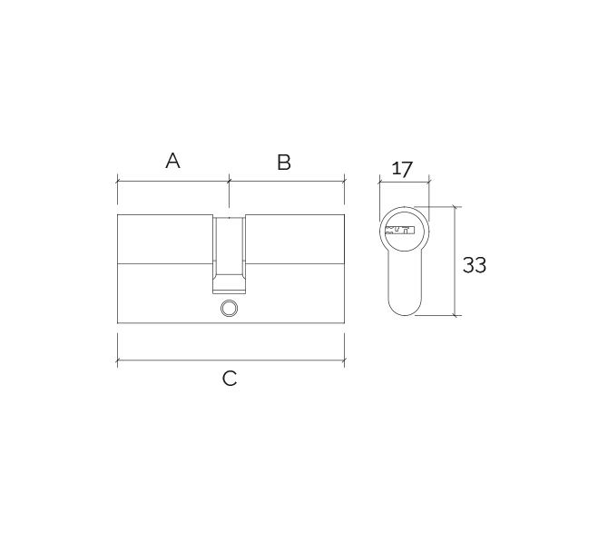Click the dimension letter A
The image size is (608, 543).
click(172, 161)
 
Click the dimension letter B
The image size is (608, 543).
click(284, 163)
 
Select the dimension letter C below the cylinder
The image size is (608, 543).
click(230, 379)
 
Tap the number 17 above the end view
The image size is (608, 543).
click(402, 169)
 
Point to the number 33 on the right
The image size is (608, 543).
click(475, 265)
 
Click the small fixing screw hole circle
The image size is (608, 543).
click(230, 309)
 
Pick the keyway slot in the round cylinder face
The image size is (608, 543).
click(399, 230)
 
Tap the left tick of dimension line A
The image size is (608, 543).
click(117, 181)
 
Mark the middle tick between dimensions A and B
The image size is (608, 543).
click(230, 181)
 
